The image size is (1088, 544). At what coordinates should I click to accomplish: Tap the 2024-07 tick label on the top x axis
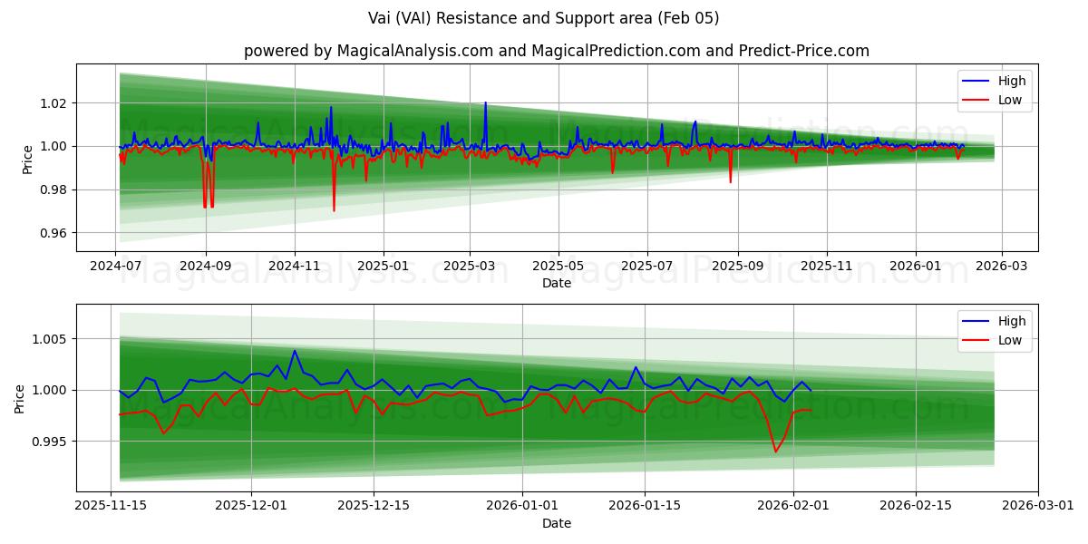click(116, 267)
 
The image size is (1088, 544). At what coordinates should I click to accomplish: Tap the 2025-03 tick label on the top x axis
click(470, 267)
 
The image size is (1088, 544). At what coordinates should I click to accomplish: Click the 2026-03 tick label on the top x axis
click(1001, 267)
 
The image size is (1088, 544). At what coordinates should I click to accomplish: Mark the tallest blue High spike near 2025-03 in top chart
click(485, 103)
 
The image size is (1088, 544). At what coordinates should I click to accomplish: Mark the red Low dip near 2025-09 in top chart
click(730, 180)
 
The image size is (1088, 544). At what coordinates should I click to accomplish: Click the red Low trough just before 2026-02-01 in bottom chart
click(775, 451)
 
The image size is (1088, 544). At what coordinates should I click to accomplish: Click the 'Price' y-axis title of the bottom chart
click(20, 397)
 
